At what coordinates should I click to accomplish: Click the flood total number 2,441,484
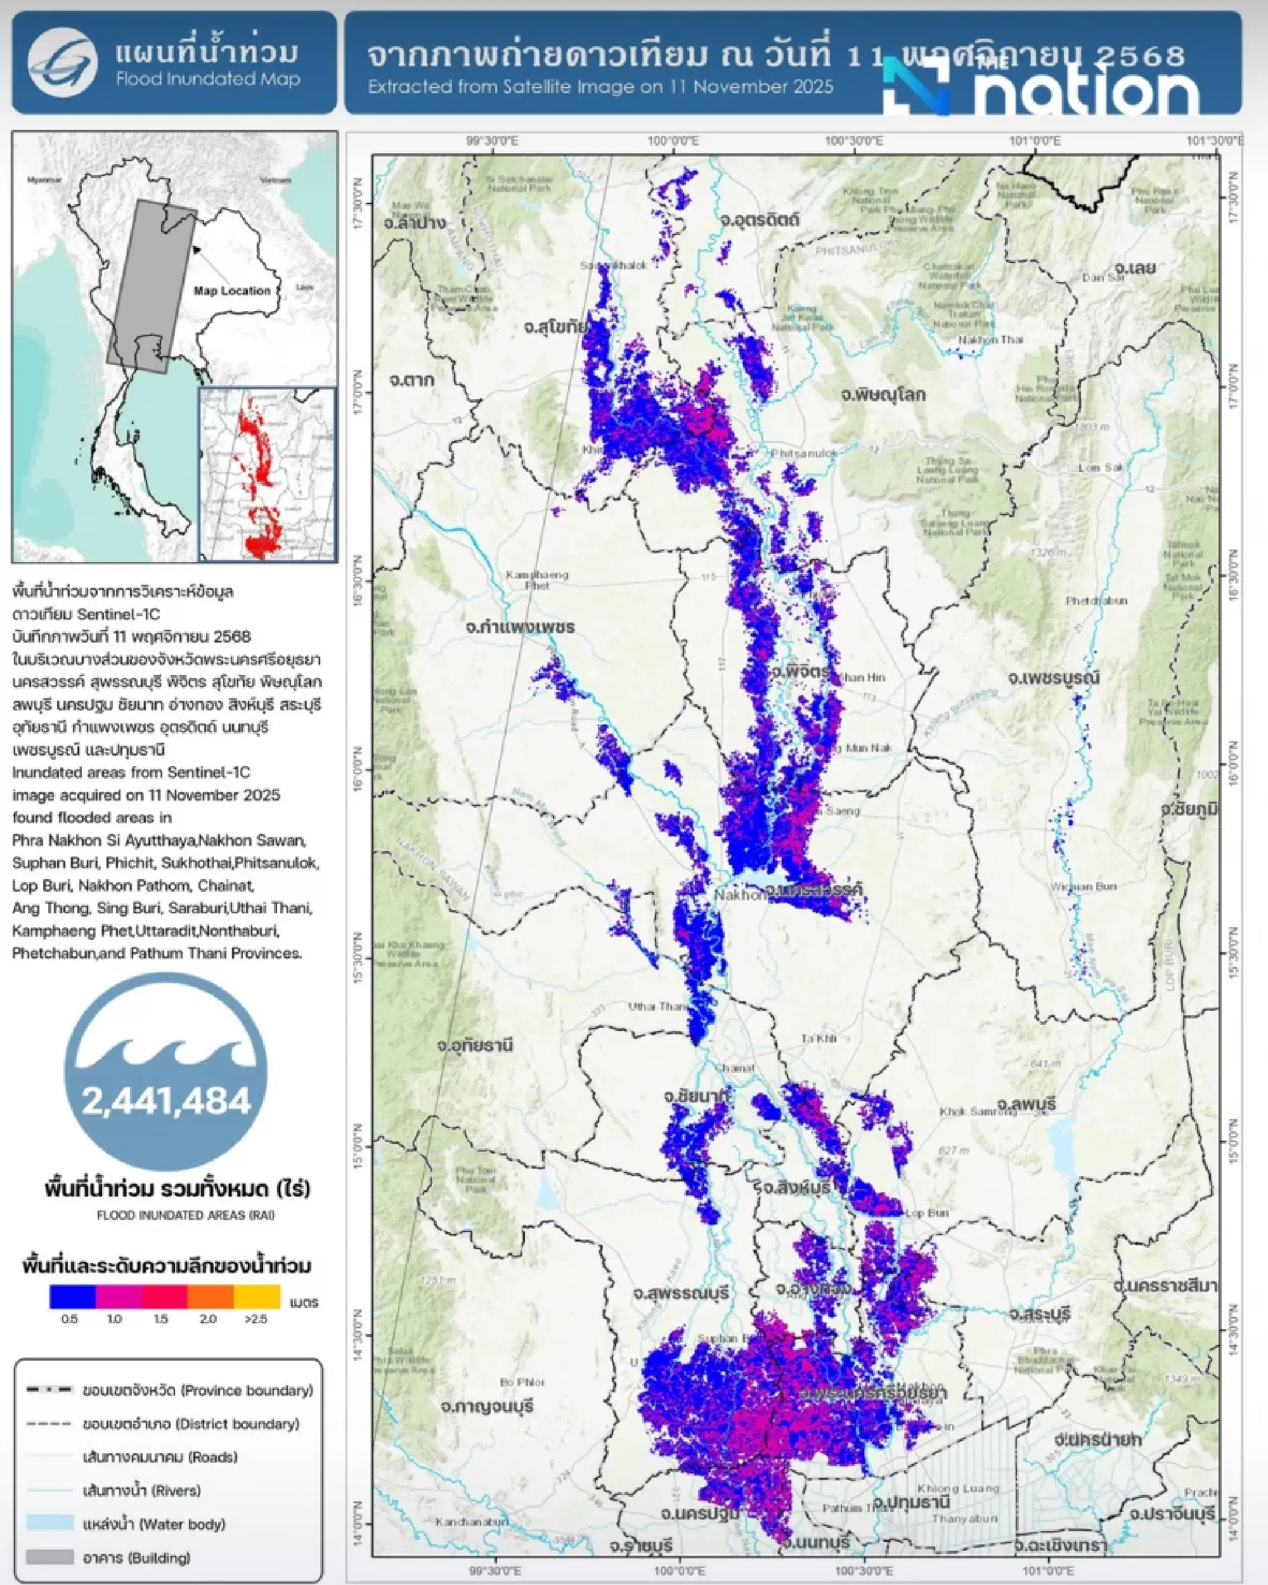pos(166,1101)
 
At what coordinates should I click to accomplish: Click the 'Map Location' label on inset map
pos(231,290)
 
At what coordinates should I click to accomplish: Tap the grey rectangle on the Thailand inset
pos(151,283)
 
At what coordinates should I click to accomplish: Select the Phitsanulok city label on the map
pos(804,454)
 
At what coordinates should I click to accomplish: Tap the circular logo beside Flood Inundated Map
pos(63,63)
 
